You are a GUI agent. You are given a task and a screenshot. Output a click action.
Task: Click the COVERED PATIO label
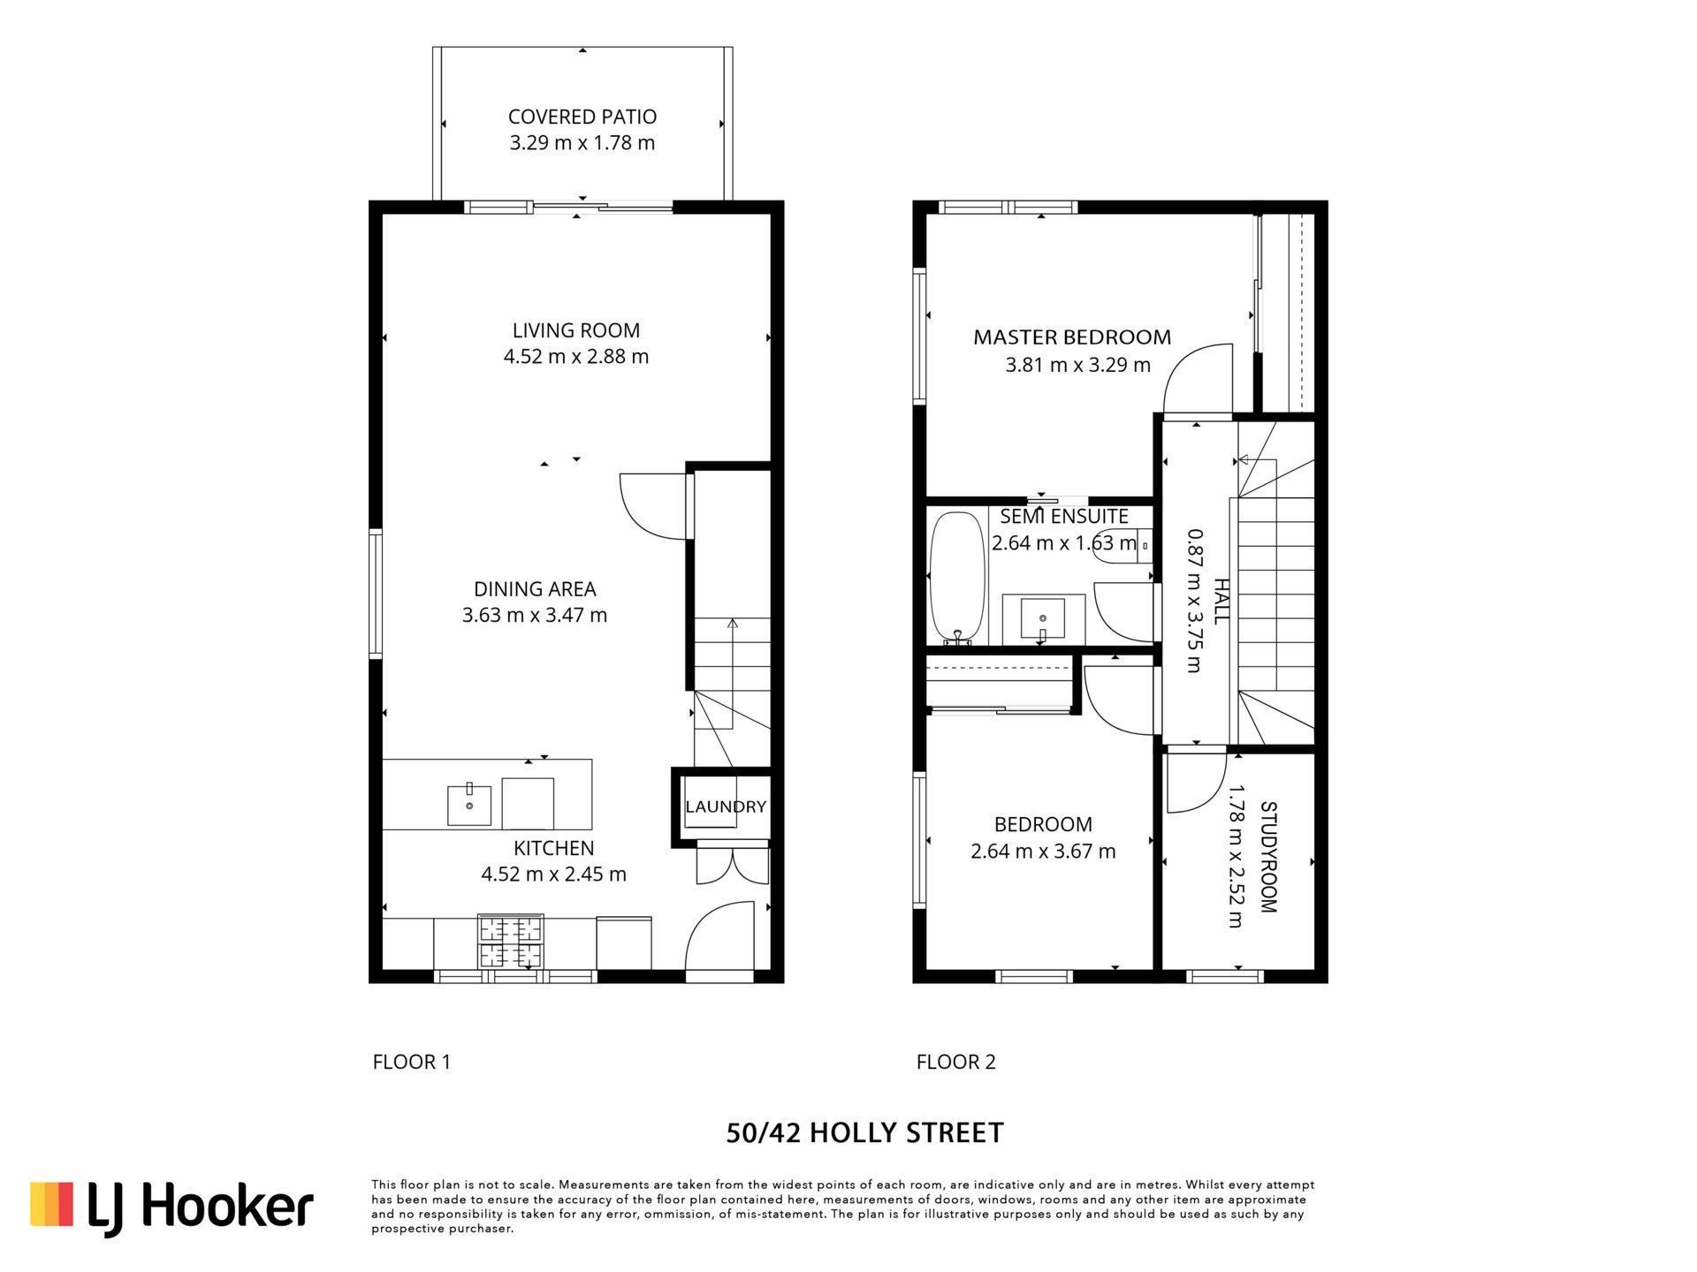582,117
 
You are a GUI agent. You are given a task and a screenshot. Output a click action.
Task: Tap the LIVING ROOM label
576,330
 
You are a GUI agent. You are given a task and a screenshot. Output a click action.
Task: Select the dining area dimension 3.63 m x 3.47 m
535,615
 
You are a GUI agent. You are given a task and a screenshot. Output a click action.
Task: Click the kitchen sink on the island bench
469,804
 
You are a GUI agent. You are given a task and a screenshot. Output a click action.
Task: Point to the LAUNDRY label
726,806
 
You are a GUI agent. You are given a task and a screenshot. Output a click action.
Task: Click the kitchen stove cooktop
510,942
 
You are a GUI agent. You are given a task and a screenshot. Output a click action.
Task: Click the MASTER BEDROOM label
1072,337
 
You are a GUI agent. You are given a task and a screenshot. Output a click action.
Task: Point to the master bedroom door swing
1197,379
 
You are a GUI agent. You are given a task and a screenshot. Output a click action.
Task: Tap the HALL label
1221,602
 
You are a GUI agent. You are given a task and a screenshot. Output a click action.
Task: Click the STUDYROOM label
1268,857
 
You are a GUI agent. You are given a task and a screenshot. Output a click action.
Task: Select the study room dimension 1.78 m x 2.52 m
1236,857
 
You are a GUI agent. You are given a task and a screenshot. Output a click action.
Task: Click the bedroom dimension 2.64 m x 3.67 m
1043,852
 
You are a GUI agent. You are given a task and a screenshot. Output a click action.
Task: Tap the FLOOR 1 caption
412,1062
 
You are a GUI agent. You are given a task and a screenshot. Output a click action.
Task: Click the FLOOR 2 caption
956,1062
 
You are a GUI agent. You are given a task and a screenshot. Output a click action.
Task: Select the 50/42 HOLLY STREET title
865,1133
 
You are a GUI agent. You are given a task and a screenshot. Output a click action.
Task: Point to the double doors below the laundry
733,863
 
